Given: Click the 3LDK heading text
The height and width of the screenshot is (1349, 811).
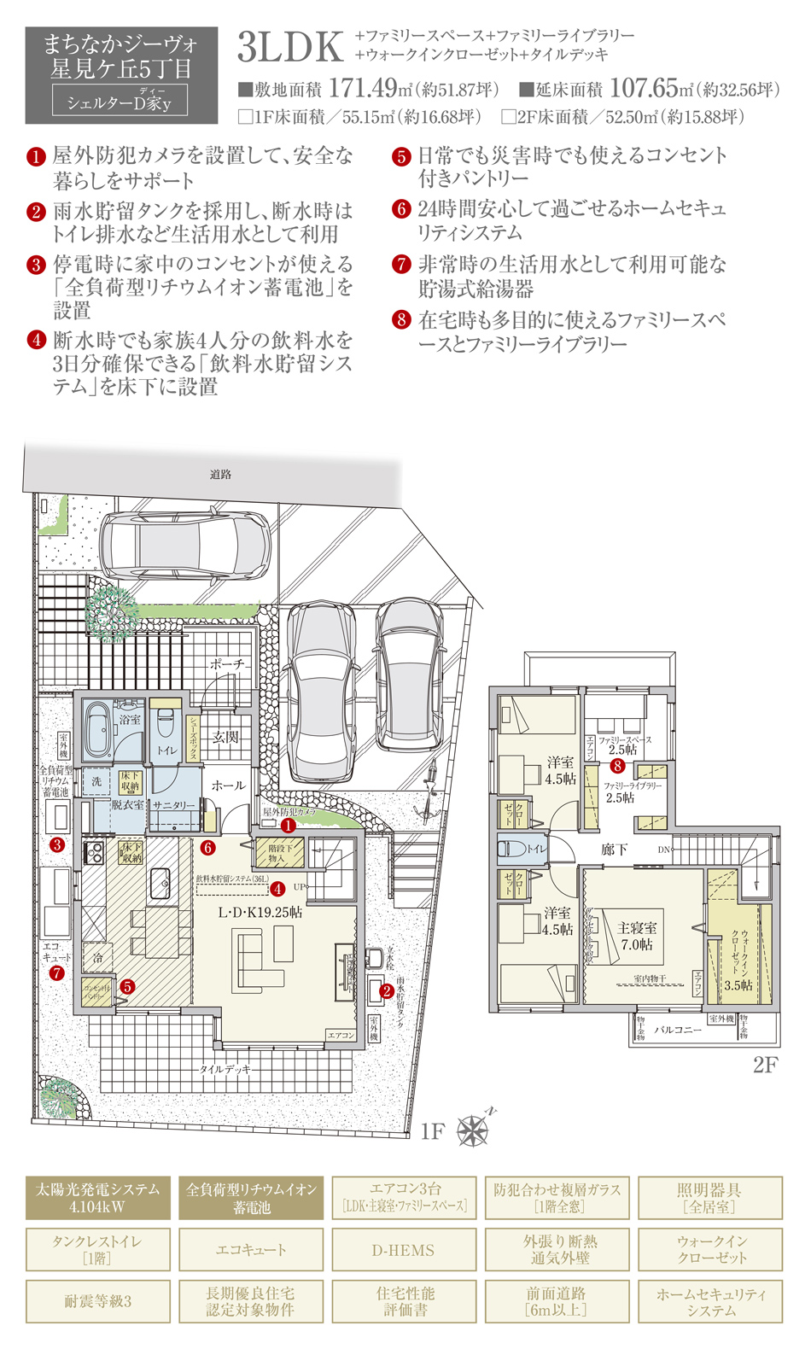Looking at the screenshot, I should (290, 48).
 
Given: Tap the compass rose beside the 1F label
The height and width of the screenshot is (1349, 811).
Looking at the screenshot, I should (473, 1130).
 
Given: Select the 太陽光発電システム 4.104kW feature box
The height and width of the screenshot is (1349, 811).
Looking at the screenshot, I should (97, 1198).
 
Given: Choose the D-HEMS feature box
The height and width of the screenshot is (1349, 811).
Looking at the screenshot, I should (403, 1250).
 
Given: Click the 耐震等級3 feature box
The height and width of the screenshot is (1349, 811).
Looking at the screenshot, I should (97, 1301).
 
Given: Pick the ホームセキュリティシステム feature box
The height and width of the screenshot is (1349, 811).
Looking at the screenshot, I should (710, 1301).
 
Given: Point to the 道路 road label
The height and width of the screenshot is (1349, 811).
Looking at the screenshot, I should (220, 474).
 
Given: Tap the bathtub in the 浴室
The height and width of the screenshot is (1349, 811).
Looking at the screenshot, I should (97, 731).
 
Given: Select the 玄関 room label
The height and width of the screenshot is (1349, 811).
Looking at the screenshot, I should (225, 737).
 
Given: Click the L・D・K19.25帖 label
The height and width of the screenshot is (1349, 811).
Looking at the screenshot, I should (260, 912).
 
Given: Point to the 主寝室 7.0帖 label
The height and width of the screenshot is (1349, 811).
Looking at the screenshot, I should (637, 936).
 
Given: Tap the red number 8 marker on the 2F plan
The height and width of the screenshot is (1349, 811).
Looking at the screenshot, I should (617, 766).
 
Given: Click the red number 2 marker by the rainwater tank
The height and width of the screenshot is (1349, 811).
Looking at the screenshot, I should (387, 990).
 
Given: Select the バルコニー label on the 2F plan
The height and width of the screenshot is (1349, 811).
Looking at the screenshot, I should (678, 1030).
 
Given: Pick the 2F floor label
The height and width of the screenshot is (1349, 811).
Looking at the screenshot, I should (764, 1065).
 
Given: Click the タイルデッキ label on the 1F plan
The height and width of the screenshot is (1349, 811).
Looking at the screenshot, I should (225, 1068).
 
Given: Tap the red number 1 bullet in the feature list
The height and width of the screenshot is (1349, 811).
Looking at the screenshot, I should (36, 156).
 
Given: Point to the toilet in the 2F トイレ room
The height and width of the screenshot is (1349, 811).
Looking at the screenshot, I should (514, 849).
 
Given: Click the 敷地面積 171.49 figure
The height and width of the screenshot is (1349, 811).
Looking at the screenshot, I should (363, 88).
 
